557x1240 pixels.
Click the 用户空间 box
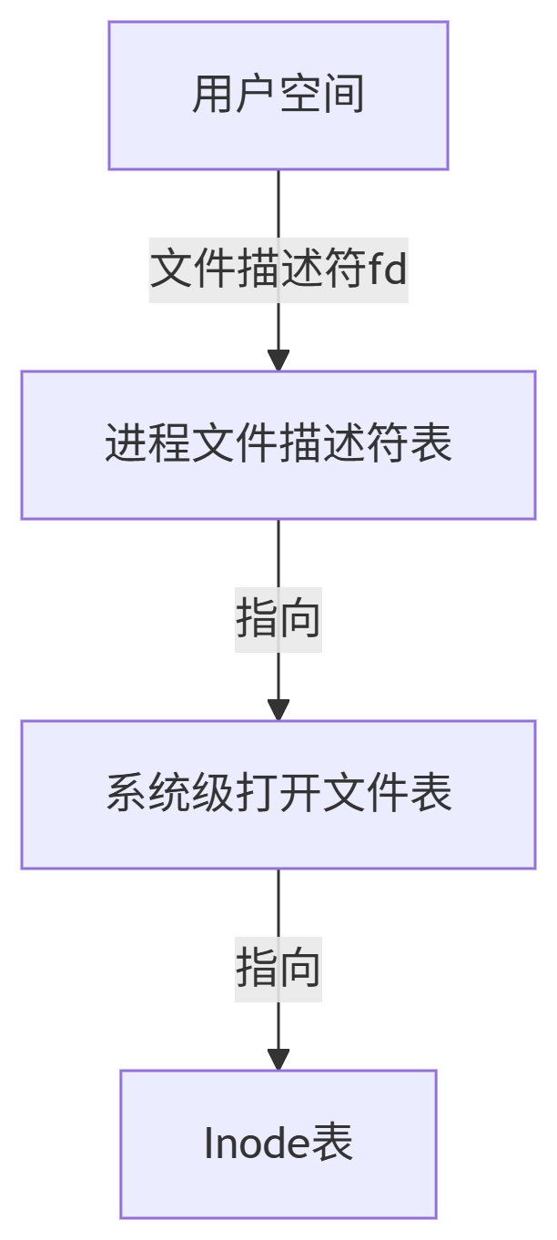pos(278,96)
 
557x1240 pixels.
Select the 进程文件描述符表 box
pos(278,445)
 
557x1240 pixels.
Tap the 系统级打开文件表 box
pos(278,795)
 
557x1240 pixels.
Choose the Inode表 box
pos(278,1144)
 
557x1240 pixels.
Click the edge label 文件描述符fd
pos(278,270)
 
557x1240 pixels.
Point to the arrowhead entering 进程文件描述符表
pos(278,361)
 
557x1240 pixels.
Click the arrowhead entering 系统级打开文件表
pos(278,710)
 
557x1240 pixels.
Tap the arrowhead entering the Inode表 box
pos(278,1060)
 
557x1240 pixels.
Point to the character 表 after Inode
pos(332,1144)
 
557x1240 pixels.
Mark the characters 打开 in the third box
pos(278,795)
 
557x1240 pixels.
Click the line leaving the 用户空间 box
pos(278,205)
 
